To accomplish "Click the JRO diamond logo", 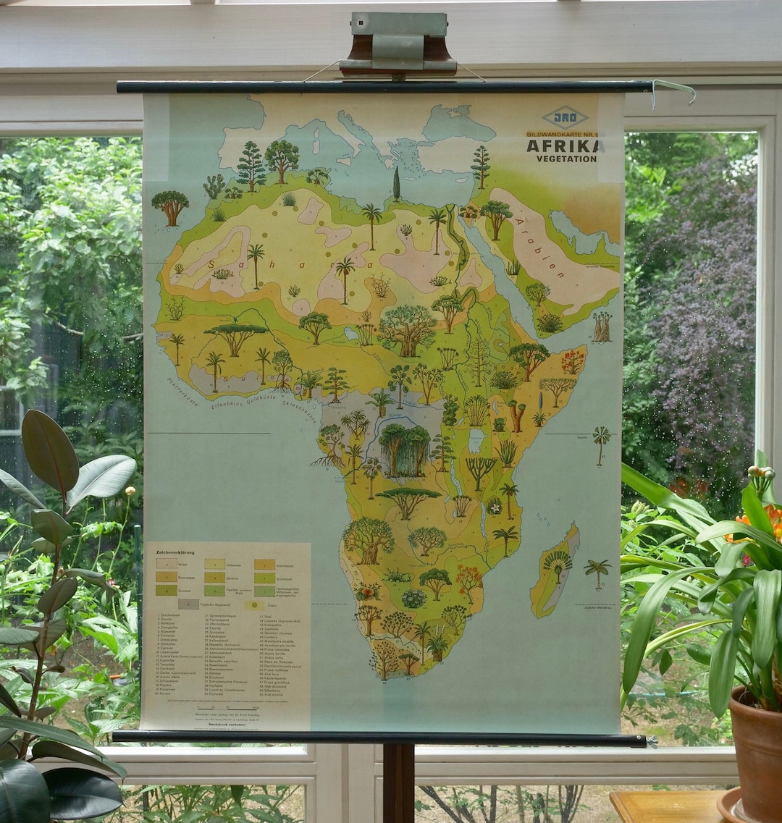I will point(566,117).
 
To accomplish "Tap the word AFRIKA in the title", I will point(565,145).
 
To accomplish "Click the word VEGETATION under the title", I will point(566,159).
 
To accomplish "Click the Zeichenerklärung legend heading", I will point(175,552).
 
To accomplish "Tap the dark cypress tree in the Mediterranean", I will point(396,185).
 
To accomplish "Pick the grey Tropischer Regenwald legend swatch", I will point(188,604).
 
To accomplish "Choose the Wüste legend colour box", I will point(167,564).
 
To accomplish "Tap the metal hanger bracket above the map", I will point(398,45).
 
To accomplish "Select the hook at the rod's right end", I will point(673,91).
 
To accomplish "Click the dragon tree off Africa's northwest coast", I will point(170,206).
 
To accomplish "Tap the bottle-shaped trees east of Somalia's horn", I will point(602,326).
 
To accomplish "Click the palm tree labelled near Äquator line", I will point(601,442).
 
